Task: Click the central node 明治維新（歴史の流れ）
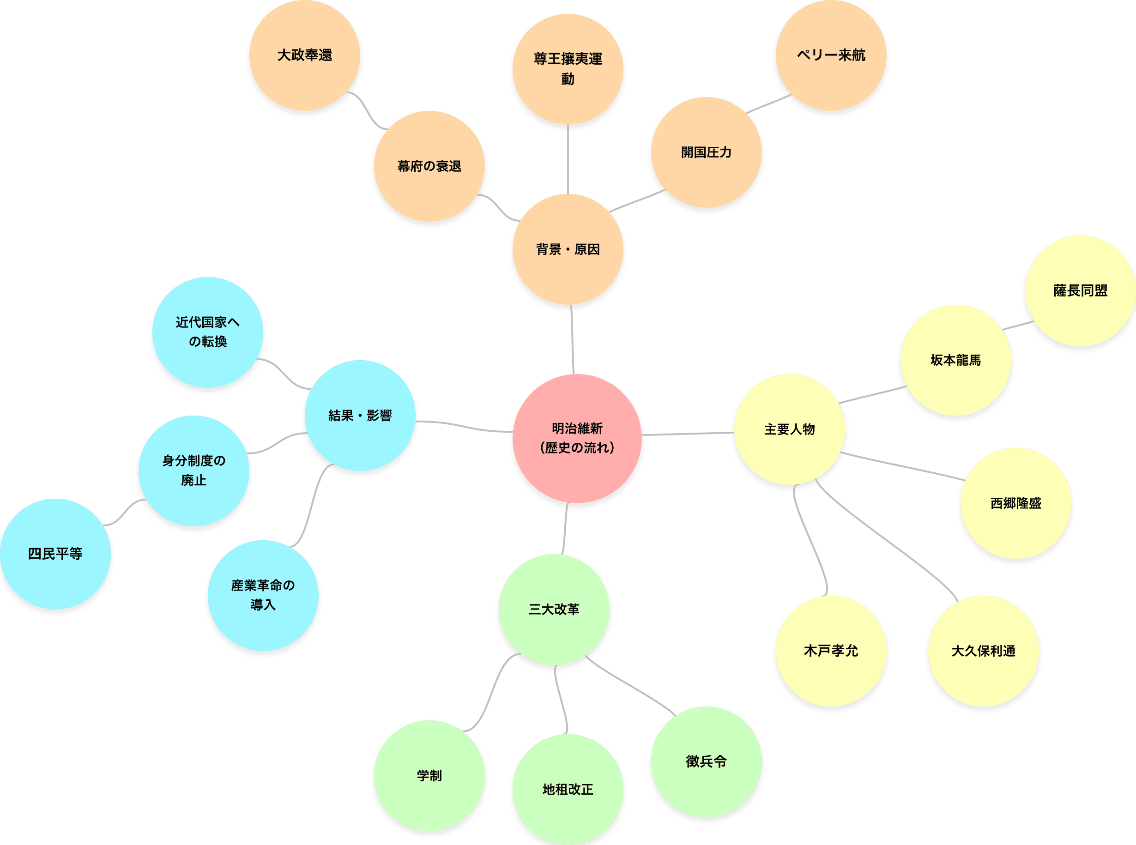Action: coord(577,438)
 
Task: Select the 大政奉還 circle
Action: coord(304,55)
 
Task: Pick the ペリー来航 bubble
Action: coord(831,55)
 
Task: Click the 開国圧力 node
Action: coord(706,152)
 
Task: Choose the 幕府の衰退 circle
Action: coord(429,166)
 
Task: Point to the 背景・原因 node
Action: coord(568,250)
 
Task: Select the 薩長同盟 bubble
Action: coord(1080,291)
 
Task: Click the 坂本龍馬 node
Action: coord(955,361)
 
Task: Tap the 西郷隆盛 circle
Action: coord(1015,504)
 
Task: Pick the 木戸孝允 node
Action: coord(831,651)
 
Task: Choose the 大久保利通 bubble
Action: coord(983,651)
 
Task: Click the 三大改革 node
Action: coord(554,610)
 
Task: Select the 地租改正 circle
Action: coord(568,789)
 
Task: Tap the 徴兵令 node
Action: coord(706,761)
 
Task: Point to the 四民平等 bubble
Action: coord(55,554)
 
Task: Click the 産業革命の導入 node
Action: coord(263,595)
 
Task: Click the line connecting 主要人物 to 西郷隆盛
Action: coord(903,466)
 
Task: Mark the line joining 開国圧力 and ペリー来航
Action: coord(769,104)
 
